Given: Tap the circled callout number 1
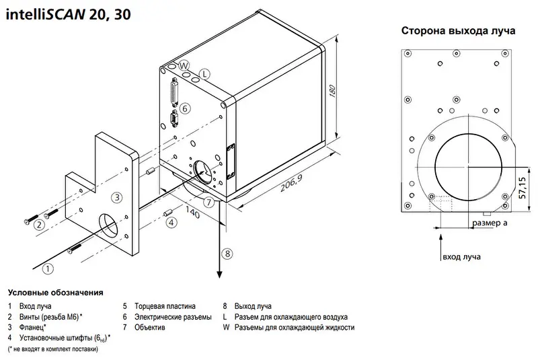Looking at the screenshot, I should [48, 269].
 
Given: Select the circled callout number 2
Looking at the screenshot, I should [40, 225].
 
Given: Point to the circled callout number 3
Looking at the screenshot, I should [116, 197].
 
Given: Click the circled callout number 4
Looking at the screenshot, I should [171, 222].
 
